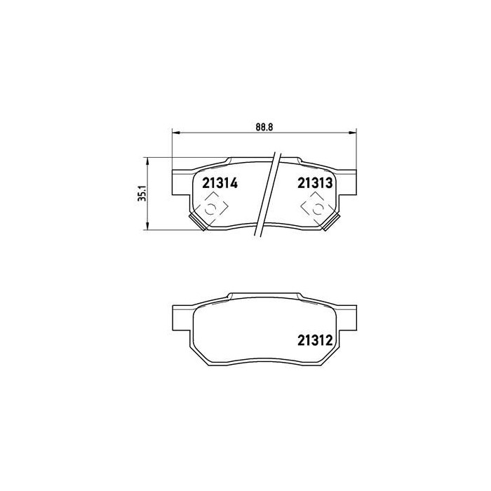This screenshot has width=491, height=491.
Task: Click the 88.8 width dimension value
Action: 264,126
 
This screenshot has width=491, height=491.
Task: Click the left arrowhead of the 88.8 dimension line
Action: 175,131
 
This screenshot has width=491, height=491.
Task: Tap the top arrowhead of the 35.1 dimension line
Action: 147,159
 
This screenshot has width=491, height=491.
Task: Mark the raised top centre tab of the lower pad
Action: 264,292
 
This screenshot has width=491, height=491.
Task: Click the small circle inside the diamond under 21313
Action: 316,208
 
